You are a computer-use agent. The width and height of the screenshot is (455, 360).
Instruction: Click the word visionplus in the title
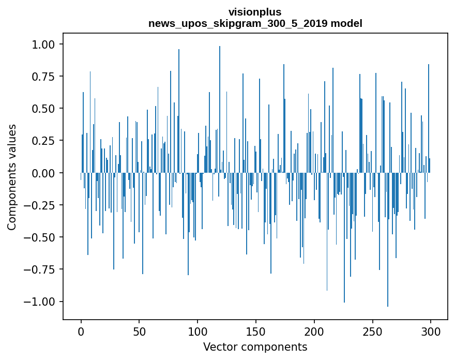pos(255,12)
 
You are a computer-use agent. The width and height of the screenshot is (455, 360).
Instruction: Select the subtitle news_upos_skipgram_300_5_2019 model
pos(255,23)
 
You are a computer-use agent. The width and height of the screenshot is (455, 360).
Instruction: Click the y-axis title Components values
pos(12,177)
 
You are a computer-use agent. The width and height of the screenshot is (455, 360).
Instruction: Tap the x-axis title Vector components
pos(255,347)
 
